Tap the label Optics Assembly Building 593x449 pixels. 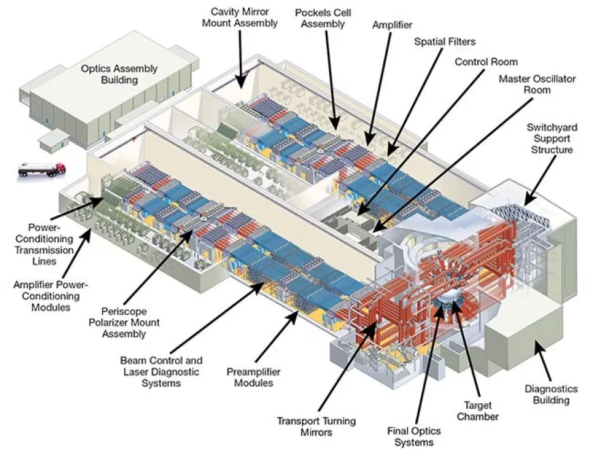tap(119, 74)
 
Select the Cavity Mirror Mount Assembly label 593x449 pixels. tap(244, 18)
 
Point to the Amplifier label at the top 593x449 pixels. tap(392, 25)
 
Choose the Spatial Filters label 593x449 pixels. tap(445, 42)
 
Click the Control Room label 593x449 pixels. tap(486, 62)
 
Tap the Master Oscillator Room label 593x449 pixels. tap(537, 84)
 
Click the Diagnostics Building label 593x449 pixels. tap(551, 394)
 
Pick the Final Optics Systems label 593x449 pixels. tap(414, 437)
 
